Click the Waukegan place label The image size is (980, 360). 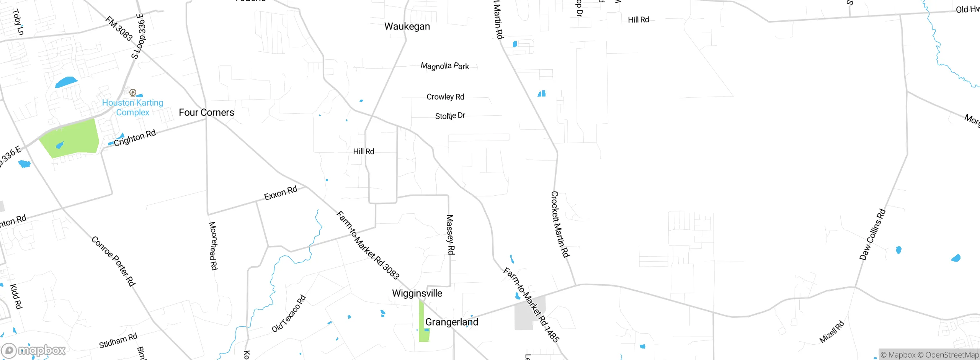click(407, 26)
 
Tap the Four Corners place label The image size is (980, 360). click(206, 113)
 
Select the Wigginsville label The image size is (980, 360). click(417, 293)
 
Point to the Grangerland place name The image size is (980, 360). click(452, 322)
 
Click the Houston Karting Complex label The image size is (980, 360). click(132, 108)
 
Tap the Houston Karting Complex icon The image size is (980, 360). click(133, 92)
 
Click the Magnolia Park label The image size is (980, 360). click(445, 66)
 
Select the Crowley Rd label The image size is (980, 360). click(445, 97)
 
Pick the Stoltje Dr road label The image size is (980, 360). click(450, 116)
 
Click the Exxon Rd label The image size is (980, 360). click(281, 193)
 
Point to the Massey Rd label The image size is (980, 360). click(451, 234)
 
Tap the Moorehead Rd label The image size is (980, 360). click(213, 245)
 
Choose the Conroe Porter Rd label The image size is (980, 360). click(113, 261)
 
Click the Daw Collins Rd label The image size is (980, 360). click(872, 234)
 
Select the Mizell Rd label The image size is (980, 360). click(831, 332)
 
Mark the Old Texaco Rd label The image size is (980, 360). click(289, 314)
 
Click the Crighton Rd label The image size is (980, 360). click(135, 138)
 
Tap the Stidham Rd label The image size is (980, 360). click(118, 340)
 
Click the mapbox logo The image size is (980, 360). click(34, 350)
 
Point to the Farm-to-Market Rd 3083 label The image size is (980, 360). click(367, 245)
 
